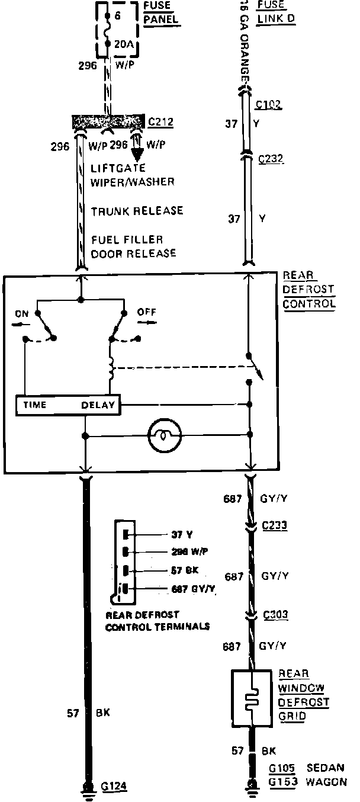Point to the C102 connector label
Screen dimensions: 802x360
269,105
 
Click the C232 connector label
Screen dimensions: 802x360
271,159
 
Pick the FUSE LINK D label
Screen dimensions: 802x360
276,12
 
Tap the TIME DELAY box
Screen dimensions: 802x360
68,405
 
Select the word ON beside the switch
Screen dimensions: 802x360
22,315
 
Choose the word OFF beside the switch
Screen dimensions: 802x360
146,311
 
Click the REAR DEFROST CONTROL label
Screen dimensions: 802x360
308,290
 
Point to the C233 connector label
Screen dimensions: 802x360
274,525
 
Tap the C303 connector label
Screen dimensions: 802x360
274,615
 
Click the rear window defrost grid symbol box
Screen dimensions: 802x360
252,700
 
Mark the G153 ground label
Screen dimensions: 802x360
282,782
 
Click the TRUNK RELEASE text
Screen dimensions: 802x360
137,211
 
